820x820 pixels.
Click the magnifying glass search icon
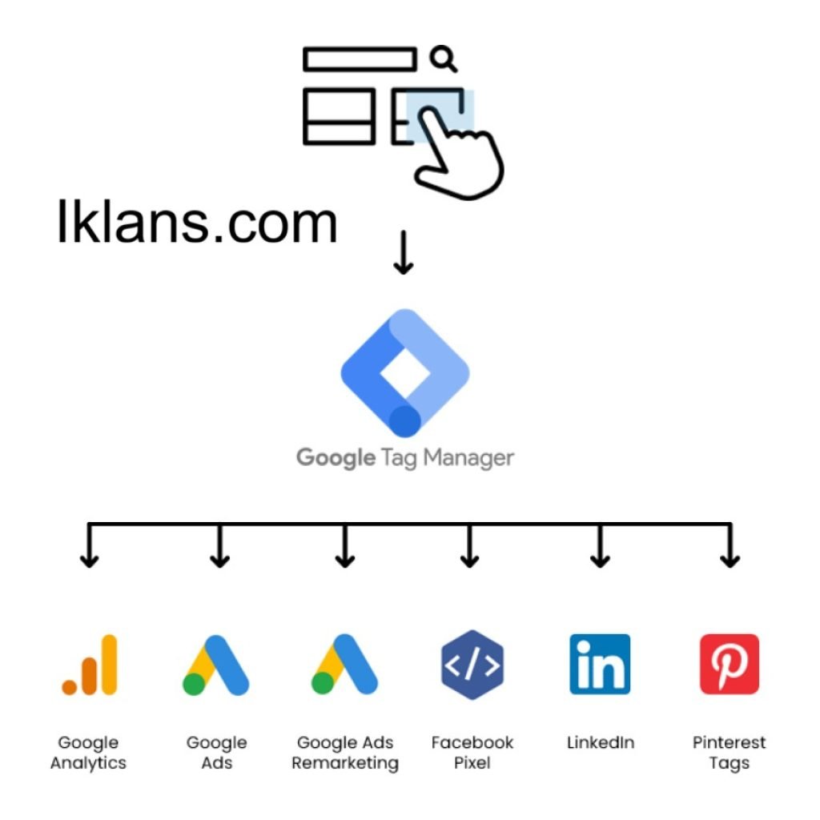pos(442,58)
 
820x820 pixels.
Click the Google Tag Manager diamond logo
pos(404,372)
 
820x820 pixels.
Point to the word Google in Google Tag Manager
pos(336,459)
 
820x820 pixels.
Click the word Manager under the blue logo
pos(468,459)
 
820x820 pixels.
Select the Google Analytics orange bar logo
pos(90,665)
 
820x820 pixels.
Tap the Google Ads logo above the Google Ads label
pos(216,665)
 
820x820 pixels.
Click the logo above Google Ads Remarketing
pos(344,665)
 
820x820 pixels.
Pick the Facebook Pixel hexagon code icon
pos(472,665)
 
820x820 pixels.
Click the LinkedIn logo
pos(600,665)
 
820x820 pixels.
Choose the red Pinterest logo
pos(729,665)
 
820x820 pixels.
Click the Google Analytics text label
pos(88,753)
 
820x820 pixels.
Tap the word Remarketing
pos(344,763)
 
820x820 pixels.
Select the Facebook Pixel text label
pos(472,753)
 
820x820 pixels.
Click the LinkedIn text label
pos(600,743)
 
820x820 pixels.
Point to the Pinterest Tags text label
pos(729,753)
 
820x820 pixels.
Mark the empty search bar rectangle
pos(360,59)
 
